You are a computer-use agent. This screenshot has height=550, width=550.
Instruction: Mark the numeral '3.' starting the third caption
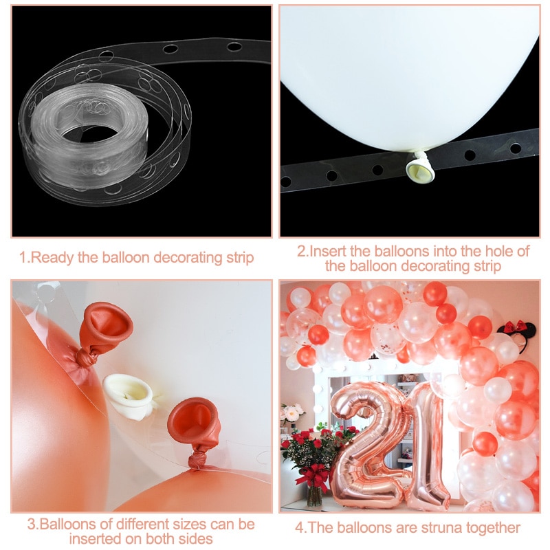coord(32,525)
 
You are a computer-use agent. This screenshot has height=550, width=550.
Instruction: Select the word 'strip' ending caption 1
coord(239,258)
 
